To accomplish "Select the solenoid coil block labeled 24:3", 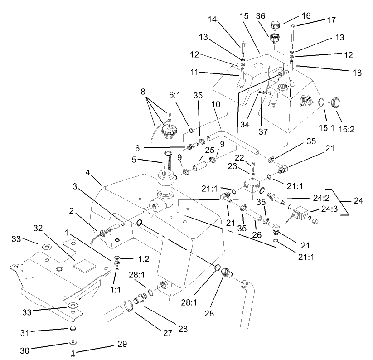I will point(300,214).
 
